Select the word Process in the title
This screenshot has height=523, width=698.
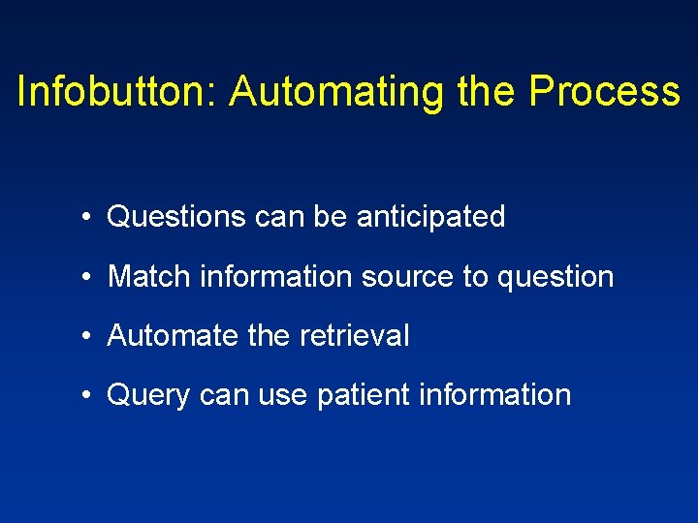(605, 92)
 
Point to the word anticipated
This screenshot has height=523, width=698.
(430, 217)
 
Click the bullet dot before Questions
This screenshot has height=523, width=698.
(87, 217)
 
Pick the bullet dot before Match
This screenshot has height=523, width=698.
(87, 277)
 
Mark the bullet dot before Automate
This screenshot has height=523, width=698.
(87, 336)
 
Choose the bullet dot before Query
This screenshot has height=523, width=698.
(87, 395)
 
